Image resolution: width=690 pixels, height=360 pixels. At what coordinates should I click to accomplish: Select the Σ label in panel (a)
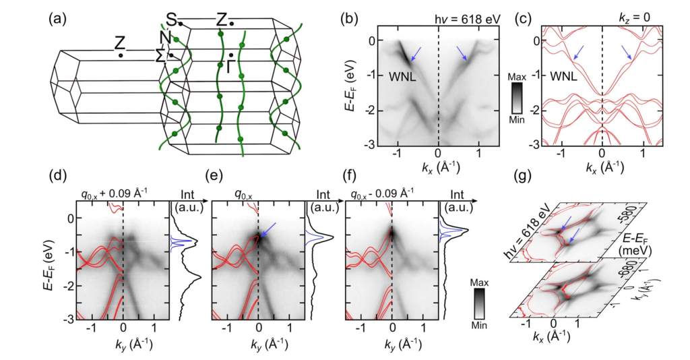(161, 55)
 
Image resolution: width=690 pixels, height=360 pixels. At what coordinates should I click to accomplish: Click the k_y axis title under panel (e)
(257, 344)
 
